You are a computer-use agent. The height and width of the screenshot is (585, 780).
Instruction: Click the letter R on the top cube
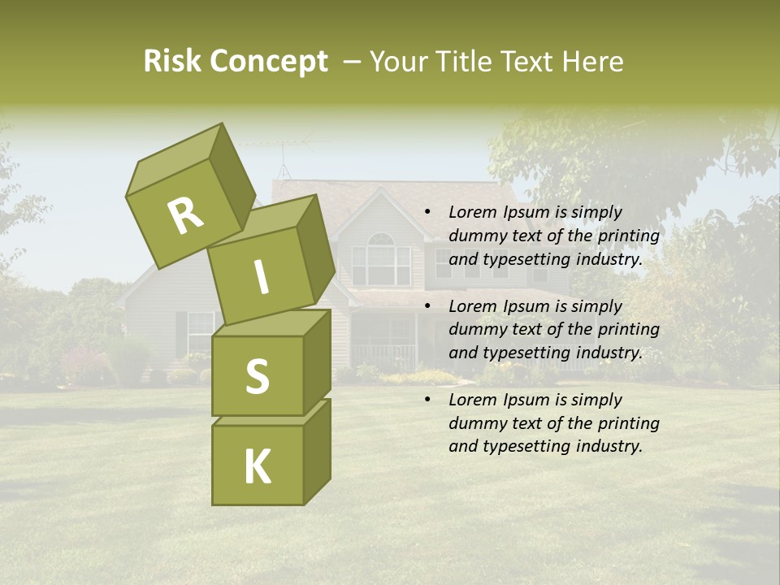click(185, 216)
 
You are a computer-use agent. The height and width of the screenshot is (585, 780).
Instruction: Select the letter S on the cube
click(257, 376)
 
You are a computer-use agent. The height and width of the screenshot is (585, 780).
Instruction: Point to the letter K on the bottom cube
click(258, 466)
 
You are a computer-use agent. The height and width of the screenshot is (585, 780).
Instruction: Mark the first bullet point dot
click(427, 213)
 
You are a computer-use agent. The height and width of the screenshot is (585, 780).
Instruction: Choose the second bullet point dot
click(427, 307)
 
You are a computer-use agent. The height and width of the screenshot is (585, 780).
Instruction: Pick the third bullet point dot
click(427, 401)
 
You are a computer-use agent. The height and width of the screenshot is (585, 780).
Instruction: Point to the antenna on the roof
click(282, 162)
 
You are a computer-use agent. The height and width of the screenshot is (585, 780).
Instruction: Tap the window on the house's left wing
click(199, 331)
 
